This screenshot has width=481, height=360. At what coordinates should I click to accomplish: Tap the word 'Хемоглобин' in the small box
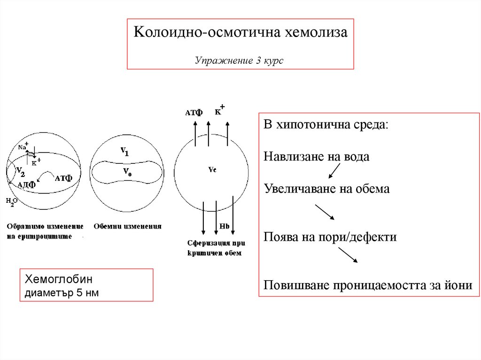(59, 280)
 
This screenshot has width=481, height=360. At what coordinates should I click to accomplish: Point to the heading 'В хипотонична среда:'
(326, 125)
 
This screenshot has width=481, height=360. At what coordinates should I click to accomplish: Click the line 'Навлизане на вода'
(317, 157)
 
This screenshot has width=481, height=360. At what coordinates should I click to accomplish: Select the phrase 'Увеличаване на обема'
(326, 189)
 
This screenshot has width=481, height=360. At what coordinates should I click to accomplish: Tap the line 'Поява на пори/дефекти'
(330, 237)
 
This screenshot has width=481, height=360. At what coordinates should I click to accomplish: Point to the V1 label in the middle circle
(124, 152)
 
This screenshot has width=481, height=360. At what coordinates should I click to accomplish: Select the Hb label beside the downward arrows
(224, 227)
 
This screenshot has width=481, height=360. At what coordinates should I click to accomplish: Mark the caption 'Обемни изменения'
(127, 226)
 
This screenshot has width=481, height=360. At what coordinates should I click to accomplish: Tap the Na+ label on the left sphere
(23, 146)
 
